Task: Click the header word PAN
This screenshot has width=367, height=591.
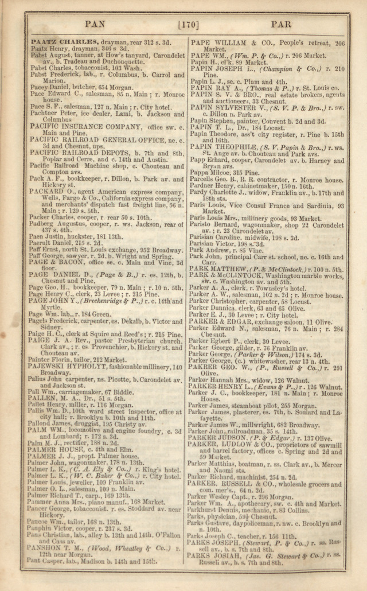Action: pyautogui.click(x=94, y=25)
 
